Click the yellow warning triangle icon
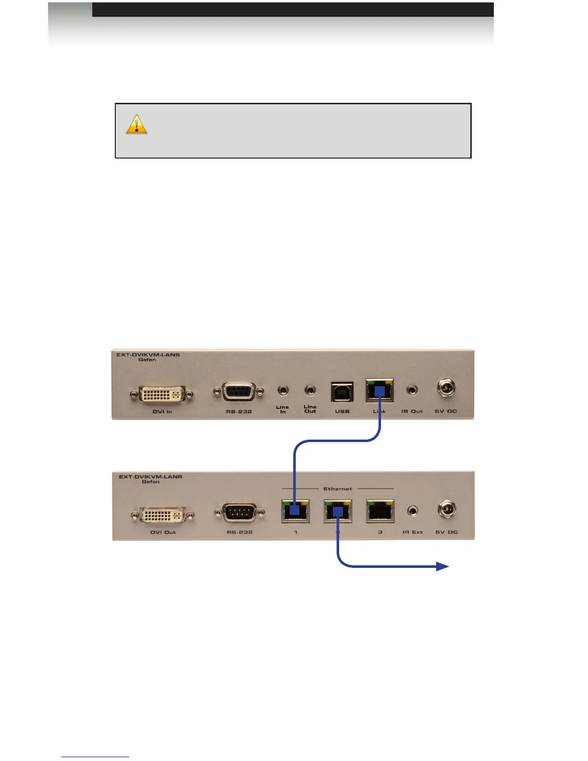tap(136, 124)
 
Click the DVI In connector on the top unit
tap(162, 394)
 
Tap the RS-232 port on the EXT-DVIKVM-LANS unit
tap(239, 393)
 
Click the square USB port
tap(342, 392)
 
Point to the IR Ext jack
tap(413, 511)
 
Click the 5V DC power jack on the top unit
tap(446, 388)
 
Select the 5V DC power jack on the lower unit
tap(447, 510)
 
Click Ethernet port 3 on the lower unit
tap(380, 511)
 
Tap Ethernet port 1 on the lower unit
tap(295, 511)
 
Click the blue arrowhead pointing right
tap(442, 567)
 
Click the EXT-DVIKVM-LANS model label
tap(148, 355)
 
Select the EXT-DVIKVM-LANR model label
tap(150, 477)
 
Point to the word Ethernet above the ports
tap(338, 489)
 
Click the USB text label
tap(342, 411)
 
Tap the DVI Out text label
tap(163, 532)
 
